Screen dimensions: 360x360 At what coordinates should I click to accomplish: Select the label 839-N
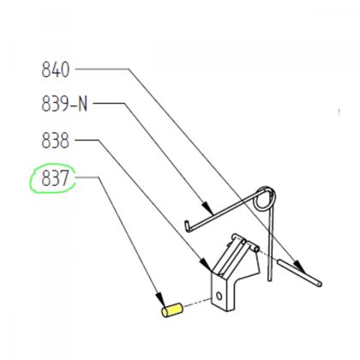65,105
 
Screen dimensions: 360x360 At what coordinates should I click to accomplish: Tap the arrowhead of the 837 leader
159,293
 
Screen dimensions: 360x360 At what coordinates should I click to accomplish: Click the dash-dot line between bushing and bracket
197,303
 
